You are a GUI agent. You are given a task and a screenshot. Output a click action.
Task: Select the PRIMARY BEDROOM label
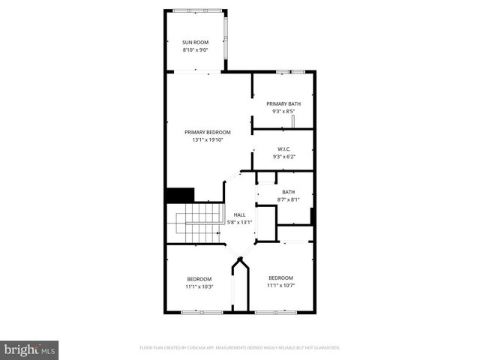[208, 132]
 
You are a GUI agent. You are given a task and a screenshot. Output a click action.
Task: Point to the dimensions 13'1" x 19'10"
[208, 139]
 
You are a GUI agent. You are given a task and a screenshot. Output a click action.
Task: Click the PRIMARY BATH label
[283, 103]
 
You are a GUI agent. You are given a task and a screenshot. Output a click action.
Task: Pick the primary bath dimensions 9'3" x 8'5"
[283, 111]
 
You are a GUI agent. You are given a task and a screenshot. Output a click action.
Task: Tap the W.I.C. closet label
[283, 148]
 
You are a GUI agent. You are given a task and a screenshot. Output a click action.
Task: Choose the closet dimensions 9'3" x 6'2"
[283, 156]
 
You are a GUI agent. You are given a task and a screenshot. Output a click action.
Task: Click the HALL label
[239, 214]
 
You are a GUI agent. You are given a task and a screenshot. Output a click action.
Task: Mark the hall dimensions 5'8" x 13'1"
[239, 222]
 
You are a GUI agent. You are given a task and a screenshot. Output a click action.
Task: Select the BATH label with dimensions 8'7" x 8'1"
[288, 192]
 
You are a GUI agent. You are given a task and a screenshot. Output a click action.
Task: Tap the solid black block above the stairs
[180, 195]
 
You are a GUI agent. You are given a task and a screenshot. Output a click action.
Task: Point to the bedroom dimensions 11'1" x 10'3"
[199, 286]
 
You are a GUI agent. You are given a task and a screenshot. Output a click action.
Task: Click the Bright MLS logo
[30, 350]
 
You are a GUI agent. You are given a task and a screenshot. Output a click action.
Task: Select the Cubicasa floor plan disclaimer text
[240, 348]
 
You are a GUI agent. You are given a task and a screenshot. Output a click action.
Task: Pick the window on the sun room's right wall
[227, 37]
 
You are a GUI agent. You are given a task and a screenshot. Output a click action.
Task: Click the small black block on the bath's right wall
[312, 216]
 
